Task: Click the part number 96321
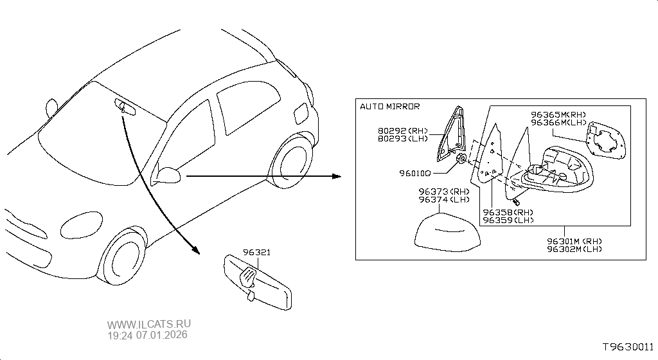[256, 253]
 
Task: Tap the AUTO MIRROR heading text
[390, 106]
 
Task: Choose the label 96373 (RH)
[443, 192]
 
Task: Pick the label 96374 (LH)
[443, 200]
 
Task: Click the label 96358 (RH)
[508, 212]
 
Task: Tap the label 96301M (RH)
[575, 241]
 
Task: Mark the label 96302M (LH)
[575, 249]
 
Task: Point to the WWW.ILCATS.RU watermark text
[149, 325]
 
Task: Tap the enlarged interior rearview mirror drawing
[257, 280]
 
